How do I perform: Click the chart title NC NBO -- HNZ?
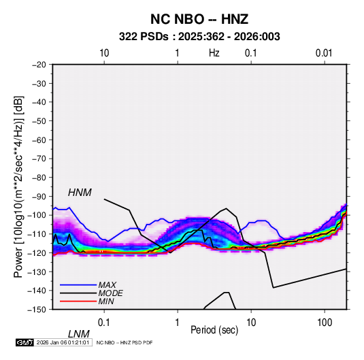199,19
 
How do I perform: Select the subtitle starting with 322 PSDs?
199,37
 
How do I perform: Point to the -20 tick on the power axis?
39,65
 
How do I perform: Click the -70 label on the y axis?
39,159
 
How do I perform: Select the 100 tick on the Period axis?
325,323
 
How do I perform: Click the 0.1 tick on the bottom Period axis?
103,323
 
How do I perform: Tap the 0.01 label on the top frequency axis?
324,53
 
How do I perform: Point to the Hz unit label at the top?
214,53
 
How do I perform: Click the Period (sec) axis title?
214,330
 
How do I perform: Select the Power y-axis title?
18,186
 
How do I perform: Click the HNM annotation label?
80,193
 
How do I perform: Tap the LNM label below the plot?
78,334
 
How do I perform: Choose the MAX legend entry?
107,284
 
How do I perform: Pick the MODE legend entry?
110,293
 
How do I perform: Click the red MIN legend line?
78,301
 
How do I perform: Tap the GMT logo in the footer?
25,342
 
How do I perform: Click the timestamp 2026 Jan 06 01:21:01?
63,342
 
